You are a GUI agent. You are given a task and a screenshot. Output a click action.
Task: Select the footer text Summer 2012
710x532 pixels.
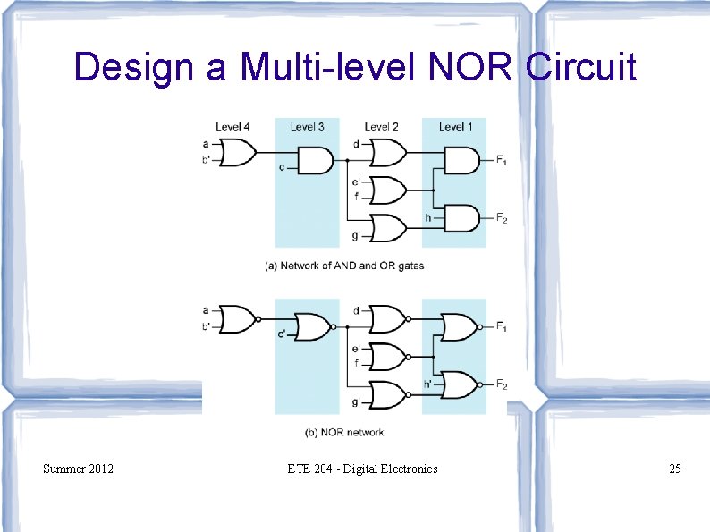78,468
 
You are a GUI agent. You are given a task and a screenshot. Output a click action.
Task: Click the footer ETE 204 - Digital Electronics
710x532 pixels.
362,468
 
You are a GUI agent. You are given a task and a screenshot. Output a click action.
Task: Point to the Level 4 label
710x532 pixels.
232,127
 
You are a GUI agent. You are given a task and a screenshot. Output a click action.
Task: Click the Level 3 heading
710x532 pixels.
307,127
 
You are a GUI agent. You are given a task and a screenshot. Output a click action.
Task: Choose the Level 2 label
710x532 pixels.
382,127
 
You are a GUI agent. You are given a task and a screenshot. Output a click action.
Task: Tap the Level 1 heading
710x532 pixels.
456,127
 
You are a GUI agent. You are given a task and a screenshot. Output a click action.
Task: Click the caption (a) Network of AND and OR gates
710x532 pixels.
344,266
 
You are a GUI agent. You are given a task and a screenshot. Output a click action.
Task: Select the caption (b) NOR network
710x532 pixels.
344,433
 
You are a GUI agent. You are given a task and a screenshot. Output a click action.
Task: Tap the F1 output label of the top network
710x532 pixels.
502,161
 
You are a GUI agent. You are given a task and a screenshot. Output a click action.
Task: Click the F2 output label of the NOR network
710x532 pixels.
502,385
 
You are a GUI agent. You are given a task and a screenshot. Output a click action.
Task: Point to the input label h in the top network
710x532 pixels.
427,217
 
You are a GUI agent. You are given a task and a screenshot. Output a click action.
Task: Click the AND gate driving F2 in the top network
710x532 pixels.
461,217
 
